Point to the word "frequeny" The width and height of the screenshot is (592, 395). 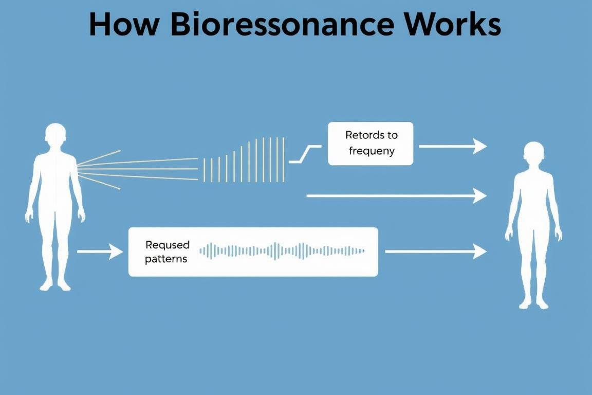372,151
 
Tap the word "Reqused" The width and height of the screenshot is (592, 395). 168,245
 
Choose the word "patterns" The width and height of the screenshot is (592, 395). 166,259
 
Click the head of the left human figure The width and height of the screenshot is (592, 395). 55,135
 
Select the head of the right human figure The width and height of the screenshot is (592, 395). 533,154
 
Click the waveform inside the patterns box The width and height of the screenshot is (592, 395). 282,251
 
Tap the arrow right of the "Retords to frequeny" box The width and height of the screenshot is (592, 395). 452,147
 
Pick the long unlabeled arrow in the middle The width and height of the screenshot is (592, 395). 396,195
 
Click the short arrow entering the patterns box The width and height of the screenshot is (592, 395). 100,252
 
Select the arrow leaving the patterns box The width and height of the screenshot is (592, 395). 435,252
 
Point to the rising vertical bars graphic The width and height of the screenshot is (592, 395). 244,159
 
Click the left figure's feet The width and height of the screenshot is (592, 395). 55,284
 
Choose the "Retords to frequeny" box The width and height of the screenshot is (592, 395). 370,143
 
